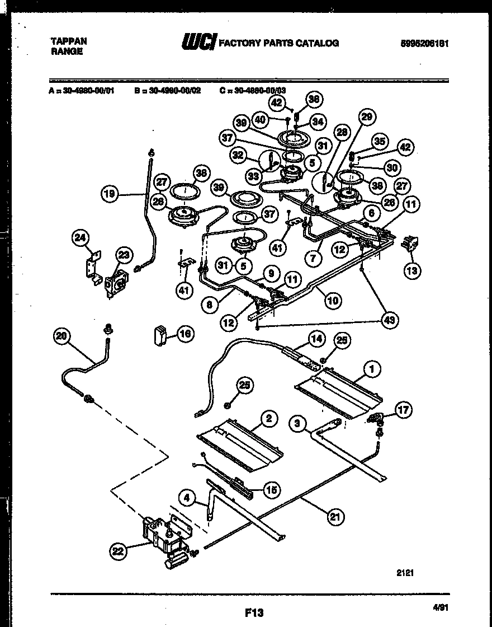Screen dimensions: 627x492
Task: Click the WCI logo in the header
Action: coord(198,43)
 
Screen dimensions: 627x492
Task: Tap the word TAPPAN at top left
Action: coord(69,41)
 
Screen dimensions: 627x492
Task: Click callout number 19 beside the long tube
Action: coord(110,194)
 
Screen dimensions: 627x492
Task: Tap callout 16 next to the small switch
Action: coord(184,334)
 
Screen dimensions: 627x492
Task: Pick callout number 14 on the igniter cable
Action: coord(316,339)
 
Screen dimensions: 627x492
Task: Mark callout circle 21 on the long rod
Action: coord(333,517)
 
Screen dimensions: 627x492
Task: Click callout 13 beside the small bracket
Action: coord(411,270)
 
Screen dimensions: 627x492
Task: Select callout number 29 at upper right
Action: coord(366,117)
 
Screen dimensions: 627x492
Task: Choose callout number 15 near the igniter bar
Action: coord(271,490)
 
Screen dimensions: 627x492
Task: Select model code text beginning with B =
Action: coord(168,88)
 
